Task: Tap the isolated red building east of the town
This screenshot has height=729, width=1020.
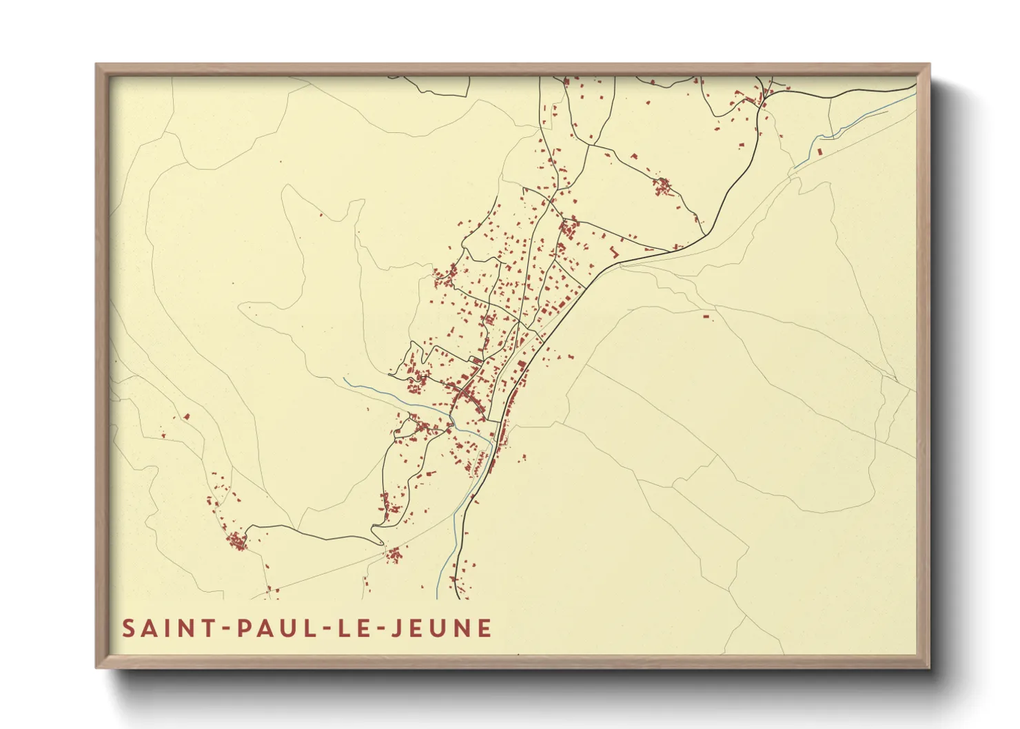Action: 705,316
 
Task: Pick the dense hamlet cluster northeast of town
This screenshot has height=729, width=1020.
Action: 663,186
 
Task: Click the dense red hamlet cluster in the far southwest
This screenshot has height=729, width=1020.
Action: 237,541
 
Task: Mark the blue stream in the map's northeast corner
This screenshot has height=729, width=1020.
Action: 861,120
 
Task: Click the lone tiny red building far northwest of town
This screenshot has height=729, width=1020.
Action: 321,216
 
